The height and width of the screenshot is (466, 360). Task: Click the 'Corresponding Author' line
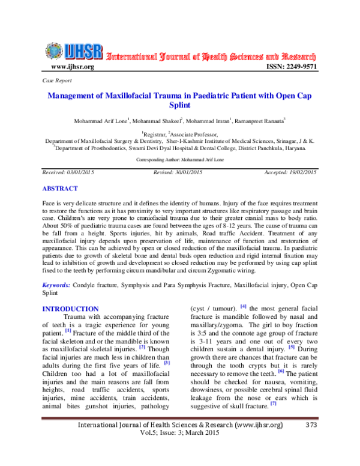(180, 160)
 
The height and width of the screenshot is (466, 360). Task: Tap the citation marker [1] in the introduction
(68, 330)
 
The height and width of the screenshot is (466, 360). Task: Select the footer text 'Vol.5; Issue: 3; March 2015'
(180, 451)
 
